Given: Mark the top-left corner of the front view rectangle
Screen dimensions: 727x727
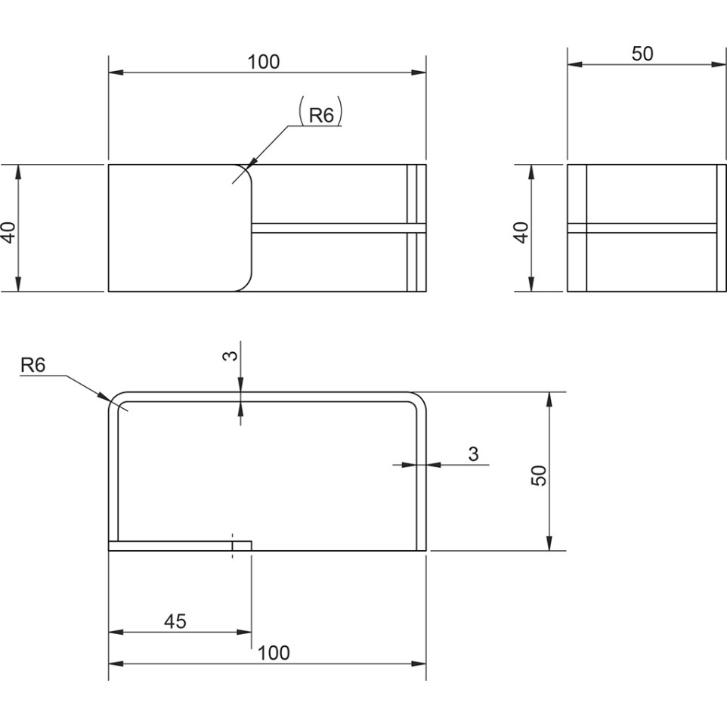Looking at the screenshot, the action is click(x=109, y=164).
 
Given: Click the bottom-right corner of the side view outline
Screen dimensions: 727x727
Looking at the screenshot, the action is click(x=726, y=292).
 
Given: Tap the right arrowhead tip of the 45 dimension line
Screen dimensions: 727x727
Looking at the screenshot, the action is click(x=252, y=632).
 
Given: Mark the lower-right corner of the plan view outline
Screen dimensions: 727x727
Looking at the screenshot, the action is click(x=426, y=551).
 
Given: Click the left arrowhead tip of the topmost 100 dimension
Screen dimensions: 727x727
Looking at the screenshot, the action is click(x=109, y=73).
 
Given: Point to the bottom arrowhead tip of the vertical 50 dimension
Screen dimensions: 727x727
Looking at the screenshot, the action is click(x=549, y=551).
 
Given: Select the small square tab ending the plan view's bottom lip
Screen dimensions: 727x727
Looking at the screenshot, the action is click(x=242, y=546).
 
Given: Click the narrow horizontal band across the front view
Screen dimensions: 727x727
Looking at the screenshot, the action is click(x=339, y=227).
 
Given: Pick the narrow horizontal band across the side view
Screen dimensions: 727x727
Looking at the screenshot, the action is click(x=647, y=227).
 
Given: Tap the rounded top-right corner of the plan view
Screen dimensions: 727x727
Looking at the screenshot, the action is click(x=419, y=399).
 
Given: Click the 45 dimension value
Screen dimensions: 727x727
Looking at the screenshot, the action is click(x=175, y=621).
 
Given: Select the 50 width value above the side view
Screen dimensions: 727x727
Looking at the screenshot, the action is click(x=642, y=54).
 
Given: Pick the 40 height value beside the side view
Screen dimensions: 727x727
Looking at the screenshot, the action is click(x=521, y=232).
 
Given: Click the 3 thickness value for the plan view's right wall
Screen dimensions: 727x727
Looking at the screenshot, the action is click(x=473, y=454).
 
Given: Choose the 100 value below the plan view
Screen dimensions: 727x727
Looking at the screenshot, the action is click(x=274, y=653).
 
